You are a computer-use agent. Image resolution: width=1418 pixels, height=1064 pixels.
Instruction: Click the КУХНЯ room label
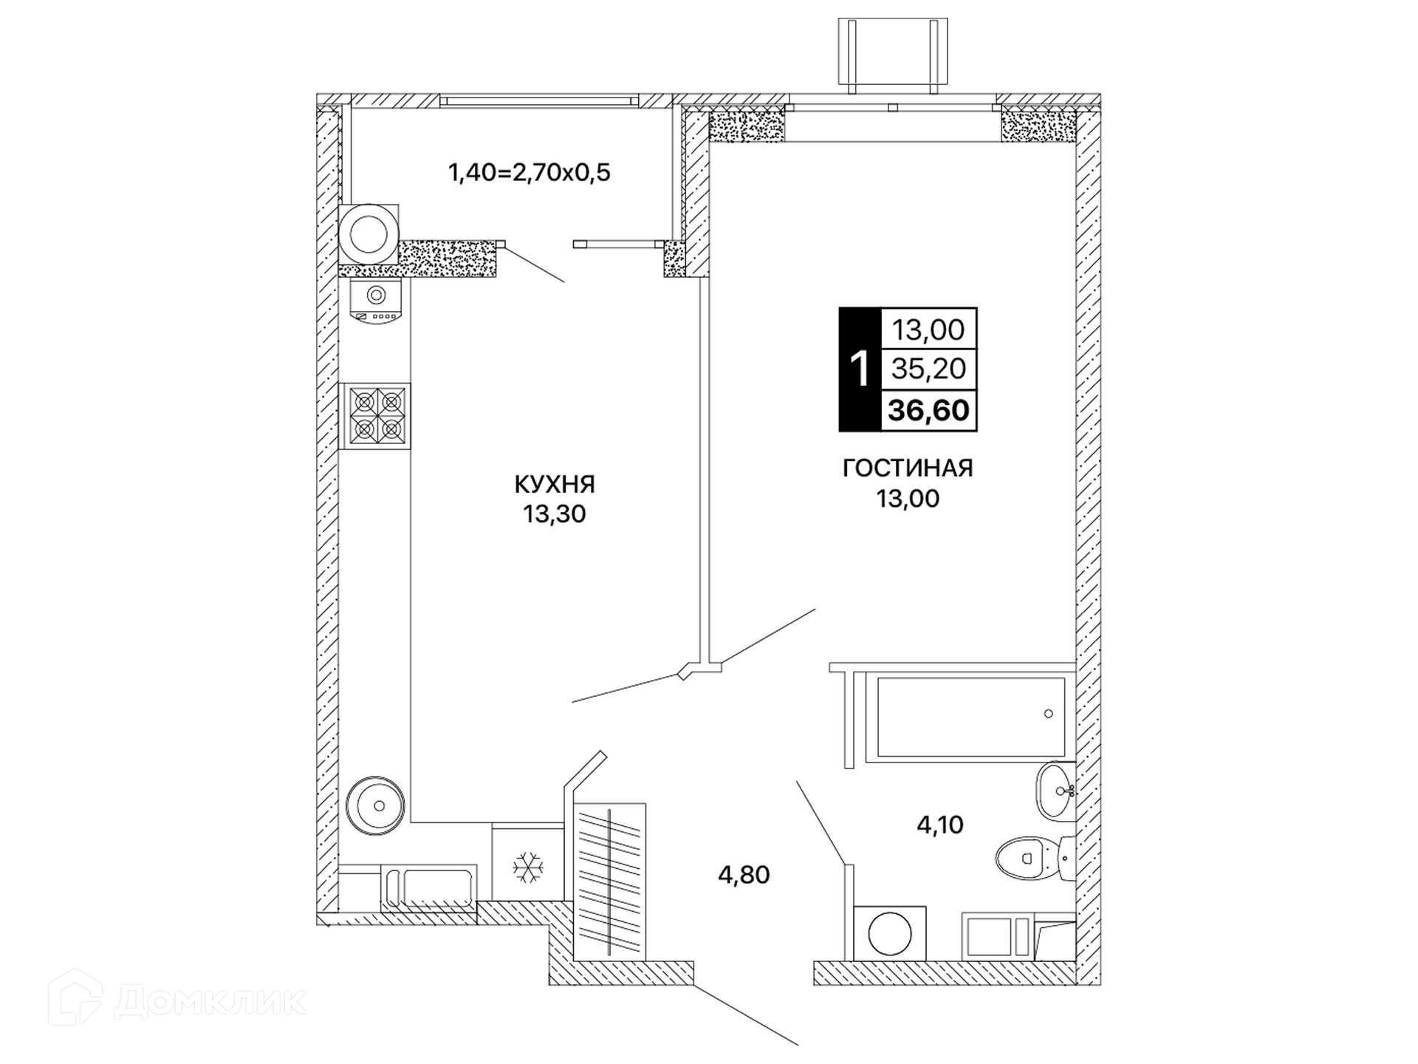(x=555, y=484)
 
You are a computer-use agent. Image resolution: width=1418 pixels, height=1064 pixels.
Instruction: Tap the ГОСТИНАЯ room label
(x=908, y=468)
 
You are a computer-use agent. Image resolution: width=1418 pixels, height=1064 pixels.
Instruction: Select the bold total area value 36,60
(x=928, y=410)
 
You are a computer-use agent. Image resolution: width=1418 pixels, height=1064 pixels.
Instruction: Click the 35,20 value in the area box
(x=928, y=368)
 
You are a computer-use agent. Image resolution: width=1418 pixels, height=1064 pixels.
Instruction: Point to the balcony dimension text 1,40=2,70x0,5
(x=530, y=173)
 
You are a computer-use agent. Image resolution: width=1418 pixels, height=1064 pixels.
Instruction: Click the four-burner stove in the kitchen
(x=375, y=416)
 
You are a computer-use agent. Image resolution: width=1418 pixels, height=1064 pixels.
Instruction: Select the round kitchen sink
(x=375, y=805)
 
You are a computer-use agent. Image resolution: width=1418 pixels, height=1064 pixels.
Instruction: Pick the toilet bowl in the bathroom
(x=1034, y=857)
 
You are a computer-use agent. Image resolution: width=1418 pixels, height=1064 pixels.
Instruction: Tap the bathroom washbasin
(x=1055, y=791)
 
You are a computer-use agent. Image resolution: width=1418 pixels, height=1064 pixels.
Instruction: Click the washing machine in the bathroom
(x=889, y=933)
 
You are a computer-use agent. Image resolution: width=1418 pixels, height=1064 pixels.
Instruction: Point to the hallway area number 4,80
(x=744, y=875)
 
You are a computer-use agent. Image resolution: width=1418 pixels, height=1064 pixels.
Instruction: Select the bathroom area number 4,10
(x=940, y=825)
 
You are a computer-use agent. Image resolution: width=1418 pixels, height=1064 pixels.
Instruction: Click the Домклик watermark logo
(x=177, y=1000)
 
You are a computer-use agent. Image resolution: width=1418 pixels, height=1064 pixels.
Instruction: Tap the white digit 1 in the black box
(x=860, y=369)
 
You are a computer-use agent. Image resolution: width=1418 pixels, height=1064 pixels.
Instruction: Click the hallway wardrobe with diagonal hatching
(x=609, y=881)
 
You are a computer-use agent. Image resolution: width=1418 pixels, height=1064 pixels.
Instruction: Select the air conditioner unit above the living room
(x=893, y=55)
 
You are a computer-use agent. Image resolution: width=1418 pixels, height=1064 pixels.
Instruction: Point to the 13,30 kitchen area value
(x=555, y=514)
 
